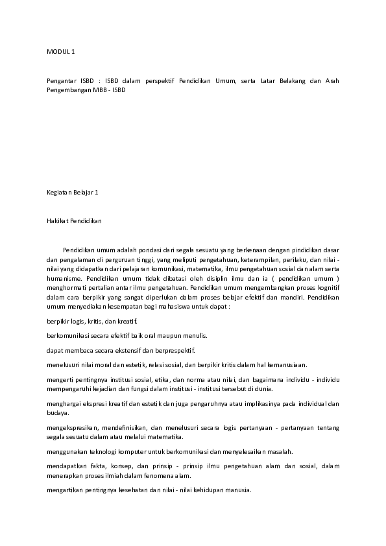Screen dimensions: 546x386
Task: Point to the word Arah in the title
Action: pos(331,81)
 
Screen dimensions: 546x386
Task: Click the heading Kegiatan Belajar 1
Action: pos(72,192)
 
